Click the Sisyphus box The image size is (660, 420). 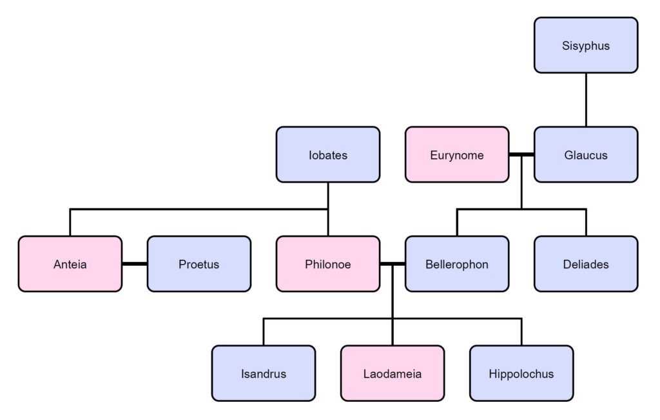[585, 45]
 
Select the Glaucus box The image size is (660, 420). [585, 155]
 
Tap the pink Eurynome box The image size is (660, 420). [456, 155]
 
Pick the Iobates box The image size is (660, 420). [327, 155]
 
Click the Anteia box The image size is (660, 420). [70, 264]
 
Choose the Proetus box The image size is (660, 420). [199, 264]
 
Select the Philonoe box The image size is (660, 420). [327, 264]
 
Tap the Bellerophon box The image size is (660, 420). [456, 264]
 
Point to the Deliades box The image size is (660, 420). [585, 264]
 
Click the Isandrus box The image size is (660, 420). [263, 374]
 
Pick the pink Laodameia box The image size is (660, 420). [392, 374]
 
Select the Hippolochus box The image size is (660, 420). [521, 374]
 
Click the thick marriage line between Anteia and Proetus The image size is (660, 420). [134, 264]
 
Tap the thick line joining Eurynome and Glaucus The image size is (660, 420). [521, 155]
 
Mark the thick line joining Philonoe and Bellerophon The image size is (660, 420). [387, 264]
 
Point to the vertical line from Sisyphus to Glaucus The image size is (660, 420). [585, 99]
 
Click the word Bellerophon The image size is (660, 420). [456, 265]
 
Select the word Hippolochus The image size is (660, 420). [521, 374]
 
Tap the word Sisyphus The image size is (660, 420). [585, 46]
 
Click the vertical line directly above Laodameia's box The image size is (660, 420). [392, 332]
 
